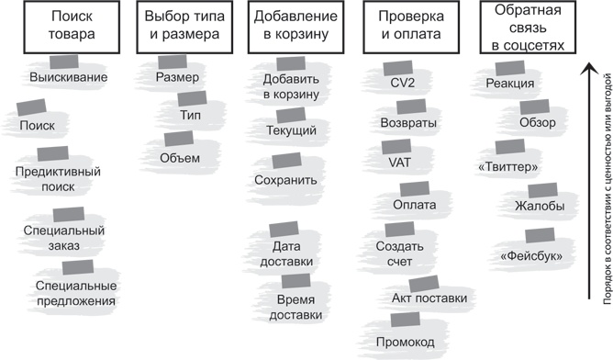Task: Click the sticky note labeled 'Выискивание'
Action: (68, 76)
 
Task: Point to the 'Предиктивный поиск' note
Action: (57, 179)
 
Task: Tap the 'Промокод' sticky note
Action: (404, 340)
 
